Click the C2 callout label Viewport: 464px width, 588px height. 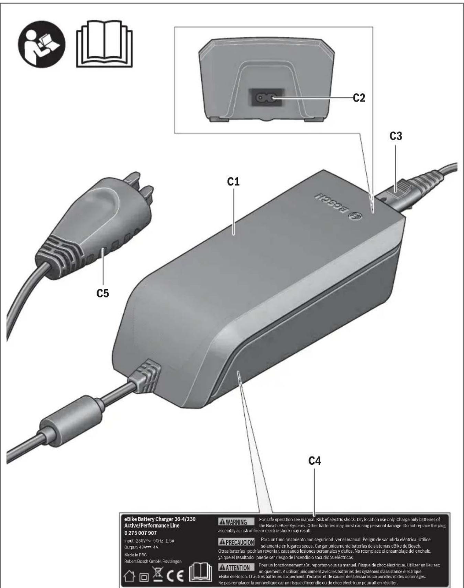point(359,98)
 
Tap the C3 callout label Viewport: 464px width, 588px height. point(396,136)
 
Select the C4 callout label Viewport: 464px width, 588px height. point(314,461)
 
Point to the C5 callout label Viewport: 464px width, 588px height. point(102,293)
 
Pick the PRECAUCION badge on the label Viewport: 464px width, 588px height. point(236,542)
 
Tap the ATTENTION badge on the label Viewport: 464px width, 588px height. point(236,567)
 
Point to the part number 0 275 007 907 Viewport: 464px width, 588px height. point(140,533)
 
